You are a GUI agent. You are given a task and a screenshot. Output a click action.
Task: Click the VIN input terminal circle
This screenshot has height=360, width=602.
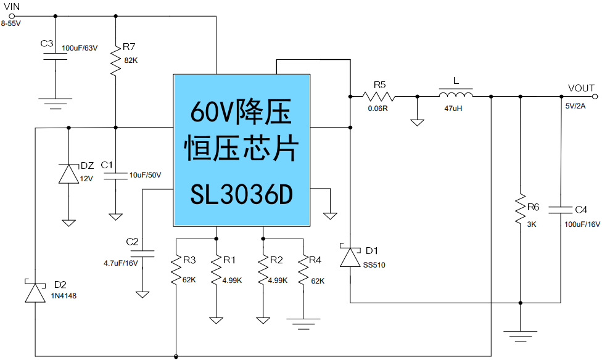[x=12, y=16]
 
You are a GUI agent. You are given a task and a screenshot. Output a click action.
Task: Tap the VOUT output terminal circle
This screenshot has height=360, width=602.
[x=595, y=96]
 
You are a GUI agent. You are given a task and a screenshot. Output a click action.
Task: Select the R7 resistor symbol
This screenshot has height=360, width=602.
[x=115, y=60]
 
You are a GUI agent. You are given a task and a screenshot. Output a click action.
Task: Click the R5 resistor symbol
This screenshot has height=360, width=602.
[x=378, y=96]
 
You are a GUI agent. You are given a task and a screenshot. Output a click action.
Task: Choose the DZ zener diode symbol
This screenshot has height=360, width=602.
[x=68, y=174]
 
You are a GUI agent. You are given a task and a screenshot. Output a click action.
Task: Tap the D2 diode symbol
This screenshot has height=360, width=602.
[x=35, y=293]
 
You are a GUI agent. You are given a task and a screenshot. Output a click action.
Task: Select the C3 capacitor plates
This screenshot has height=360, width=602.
[x=56, y=56]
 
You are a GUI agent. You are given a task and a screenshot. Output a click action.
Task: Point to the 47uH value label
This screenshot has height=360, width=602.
[x=454, y=108]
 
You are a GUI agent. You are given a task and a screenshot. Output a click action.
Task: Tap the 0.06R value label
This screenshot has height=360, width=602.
[x=377, y=108]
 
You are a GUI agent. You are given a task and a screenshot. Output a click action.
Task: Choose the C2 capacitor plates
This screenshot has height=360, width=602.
[x=143, y=252]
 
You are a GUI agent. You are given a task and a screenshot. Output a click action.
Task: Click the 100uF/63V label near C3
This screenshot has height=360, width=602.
[x=80, y=47]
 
